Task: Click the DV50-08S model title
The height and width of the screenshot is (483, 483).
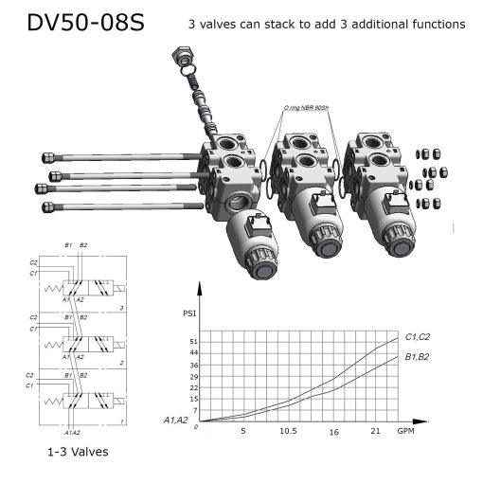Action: point(85,23)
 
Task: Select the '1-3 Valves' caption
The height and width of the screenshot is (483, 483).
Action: point(77,452)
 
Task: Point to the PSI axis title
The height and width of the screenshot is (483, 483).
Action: point(189,313)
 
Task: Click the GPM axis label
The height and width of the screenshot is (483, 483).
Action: point(405,431)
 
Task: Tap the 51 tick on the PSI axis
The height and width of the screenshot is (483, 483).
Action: point(194,341)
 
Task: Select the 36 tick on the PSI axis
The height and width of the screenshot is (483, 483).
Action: point(194,365)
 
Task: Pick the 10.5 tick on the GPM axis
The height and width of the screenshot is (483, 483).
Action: point(288,431)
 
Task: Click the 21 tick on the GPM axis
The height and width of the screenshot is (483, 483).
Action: point(375,431)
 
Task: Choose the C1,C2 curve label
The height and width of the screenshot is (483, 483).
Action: point(418,336)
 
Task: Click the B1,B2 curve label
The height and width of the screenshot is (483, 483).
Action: point(418,357)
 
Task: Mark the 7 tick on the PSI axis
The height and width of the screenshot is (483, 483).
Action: point(196,410)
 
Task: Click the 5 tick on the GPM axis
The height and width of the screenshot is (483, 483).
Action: point(243,431)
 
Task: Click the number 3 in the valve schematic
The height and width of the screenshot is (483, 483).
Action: point(121,309)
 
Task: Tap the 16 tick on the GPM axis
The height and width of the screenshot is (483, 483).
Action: point(333,431)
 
